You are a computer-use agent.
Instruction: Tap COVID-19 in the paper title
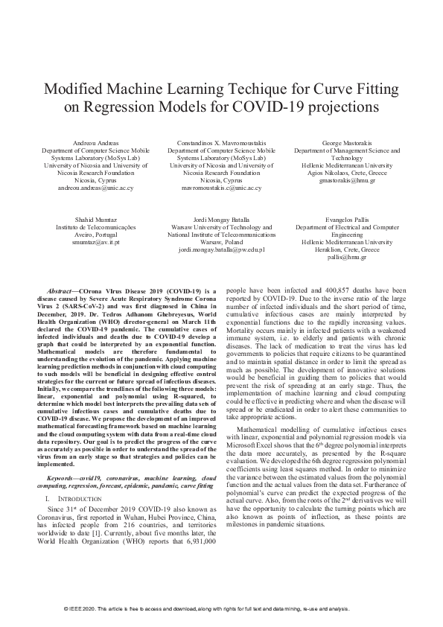tap(290, 106)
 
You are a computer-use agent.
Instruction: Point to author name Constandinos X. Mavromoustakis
tap(221, 141)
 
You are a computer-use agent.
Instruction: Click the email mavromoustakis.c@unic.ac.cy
tap(221, 188)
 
